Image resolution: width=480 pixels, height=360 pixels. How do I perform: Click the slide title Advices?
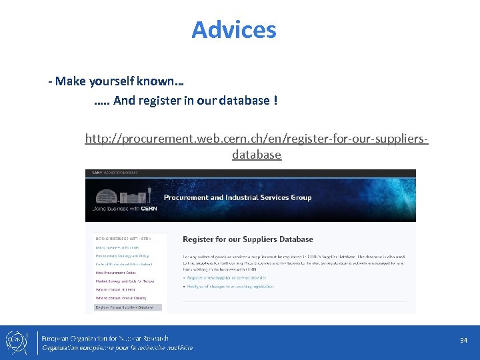coord(233,30)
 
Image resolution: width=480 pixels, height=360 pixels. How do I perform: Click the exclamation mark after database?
coord(275,101)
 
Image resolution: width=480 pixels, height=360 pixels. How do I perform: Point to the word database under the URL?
coord(257,155)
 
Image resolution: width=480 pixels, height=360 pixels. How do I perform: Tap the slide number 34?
coord(463,341)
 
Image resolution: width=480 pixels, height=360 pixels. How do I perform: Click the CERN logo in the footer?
coord(15,341)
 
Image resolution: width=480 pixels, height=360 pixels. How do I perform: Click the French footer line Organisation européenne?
coord(117,347)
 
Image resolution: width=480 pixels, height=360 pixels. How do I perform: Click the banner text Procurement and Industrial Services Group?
coord(237,197)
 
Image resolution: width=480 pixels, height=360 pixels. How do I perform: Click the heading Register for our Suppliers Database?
coord(247,239)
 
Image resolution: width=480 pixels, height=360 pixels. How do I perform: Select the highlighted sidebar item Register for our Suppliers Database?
coord(125,307)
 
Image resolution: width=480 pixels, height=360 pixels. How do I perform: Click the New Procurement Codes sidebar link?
coord(119,273)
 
